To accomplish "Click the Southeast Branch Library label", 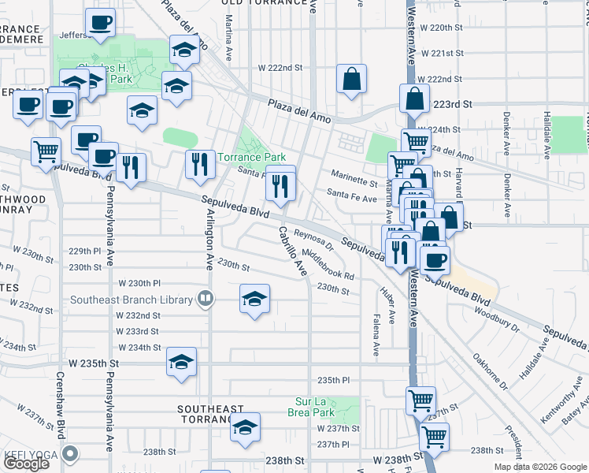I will [131, 300].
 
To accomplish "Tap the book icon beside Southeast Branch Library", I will [205, 299].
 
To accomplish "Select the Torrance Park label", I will [251, 158].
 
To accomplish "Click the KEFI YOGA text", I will [31, 453].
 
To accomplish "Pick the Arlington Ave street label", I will [210, 236].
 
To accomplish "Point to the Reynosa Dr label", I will [314, 237].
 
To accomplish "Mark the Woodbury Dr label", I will [497, 316].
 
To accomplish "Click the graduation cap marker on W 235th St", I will [181, 362].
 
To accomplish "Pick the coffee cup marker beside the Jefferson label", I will [99, 24].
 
